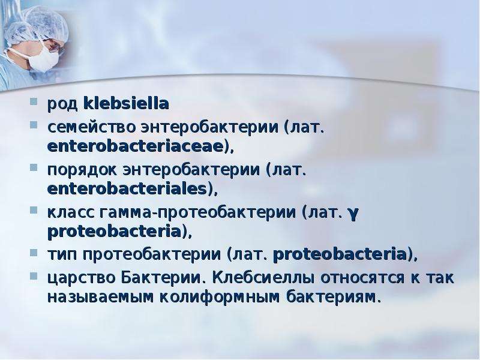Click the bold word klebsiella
tap(126, 103)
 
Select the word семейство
tap(91, 127)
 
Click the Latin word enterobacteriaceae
tap(135, 146)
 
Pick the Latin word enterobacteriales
tap(127, 188)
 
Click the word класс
tap(71, 213)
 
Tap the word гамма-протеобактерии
tap(198, 213)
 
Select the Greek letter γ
tap(353, 214)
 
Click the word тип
tap(62, 254)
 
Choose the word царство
tap(82, 278)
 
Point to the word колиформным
tap(220, 297)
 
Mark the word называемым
tap(100, 297)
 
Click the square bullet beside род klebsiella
tap(34, 101)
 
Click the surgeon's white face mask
tap(43, 58)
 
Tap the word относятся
tap(362, 278)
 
